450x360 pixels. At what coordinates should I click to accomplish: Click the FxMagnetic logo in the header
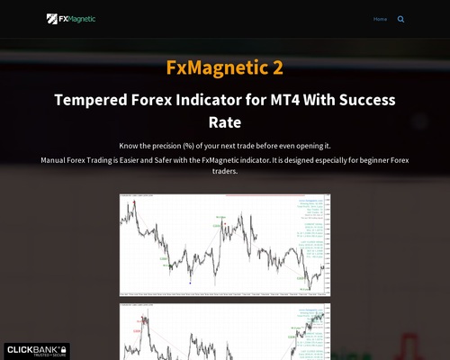pos(71,18)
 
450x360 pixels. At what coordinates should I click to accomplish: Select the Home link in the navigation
pos(380,19)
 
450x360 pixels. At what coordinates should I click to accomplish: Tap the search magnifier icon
pos(400,19)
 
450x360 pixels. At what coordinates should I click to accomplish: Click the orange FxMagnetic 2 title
pos(224,67)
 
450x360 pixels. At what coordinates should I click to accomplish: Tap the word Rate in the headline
pos(225,121)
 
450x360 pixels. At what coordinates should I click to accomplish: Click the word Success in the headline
pos(361,100)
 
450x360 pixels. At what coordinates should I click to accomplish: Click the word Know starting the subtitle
pos(128,145)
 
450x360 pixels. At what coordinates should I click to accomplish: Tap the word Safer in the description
pos(162,159)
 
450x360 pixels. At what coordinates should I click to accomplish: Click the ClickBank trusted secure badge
pos(35,350)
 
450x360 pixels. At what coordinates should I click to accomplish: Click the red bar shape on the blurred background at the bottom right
pos(412,346)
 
